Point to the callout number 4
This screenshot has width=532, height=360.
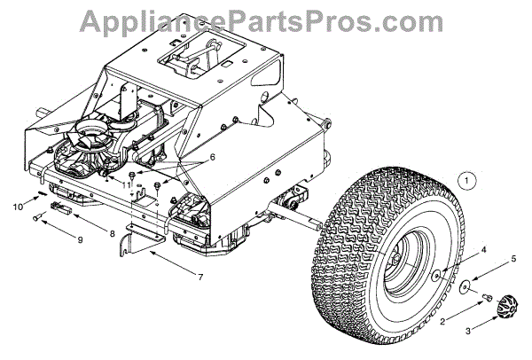tap(483, 251)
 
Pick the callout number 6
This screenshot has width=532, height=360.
tap(212, 157)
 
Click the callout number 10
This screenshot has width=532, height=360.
tap(16, 207)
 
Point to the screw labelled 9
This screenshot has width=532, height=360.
tap(35, 217)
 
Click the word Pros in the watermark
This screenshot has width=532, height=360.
tap(382, 20)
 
